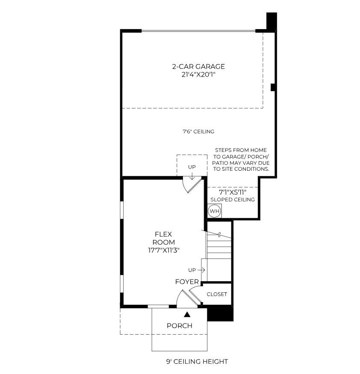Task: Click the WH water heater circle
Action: pos(215,211)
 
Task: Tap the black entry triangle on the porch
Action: pos(188,315)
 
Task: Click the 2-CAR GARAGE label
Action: pos(198,66)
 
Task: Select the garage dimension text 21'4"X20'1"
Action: pos(198,74)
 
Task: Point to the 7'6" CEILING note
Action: pos(198,131)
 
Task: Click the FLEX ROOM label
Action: pos(163,238)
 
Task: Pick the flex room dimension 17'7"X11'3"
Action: pos(163,250)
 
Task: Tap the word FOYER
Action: pos(187,282)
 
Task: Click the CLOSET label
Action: pos(217,294)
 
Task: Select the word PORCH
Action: pos(180,326)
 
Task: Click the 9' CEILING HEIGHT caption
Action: pos(197,362)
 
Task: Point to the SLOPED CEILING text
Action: pos(233,199)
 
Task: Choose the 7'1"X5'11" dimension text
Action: pos(233,192)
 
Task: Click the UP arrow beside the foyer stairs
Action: pos(201,270)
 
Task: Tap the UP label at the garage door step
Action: pos(192,167)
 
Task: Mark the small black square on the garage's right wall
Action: pos(273,87)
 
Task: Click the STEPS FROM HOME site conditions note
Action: pos(241,160)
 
